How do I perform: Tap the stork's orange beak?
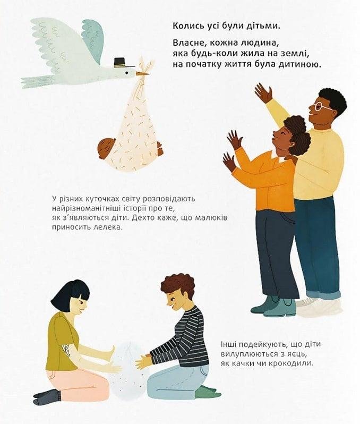pyautogui.click(x=143, y=73)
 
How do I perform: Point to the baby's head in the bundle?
pyautogui.click(x=106, y=148)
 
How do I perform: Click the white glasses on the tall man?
pyautogui.click(x=322, y=106)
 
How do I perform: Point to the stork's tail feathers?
pyautogui.click(x=38, y=81)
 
